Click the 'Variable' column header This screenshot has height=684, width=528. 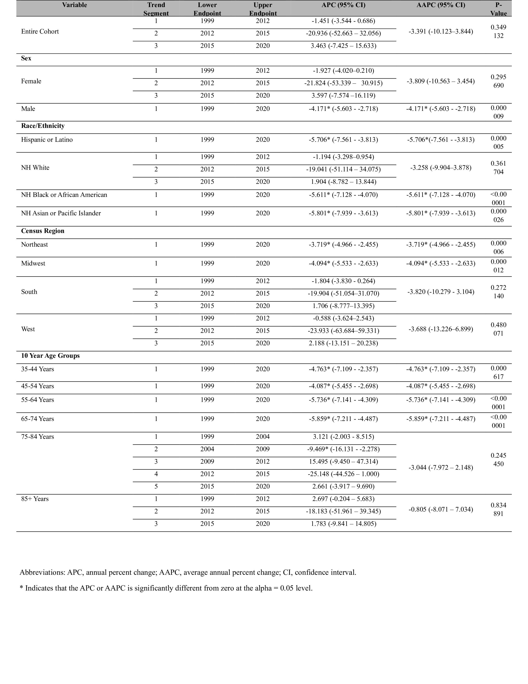point(75,5)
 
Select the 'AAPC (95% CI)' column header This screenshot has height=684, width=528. point(441,5)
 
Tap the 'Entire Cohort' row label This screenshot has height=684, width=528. point(40,31)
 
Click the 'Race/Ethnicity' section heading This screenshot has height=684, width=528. point(43,126)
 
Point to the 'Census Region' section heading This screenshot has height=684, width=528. point(43,231)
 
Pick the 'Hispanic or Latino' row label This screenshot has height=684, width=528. point(47,140)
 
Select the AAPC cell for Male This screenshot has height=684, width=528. point(441,109)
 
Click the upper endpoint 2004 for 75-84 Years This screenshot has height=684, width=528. point(263,437)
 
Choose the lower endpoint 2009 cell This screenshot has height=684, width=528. point(207,461)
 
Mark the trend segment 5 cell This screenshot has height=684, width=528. point(156,486)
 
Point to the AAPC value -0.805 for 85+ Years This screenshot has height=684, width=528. point(441,509)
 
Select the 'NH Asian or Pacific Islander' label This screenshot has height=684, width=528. point(61,213)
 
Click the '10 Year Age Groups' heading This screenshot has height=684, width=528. point(50,356)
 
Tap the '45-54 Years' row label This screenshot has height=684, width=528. point(37,386)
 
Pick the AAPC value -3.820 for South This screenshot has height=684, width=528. point(441,292)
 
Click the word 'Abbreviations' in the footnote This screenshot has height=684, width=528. point(42,572)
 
